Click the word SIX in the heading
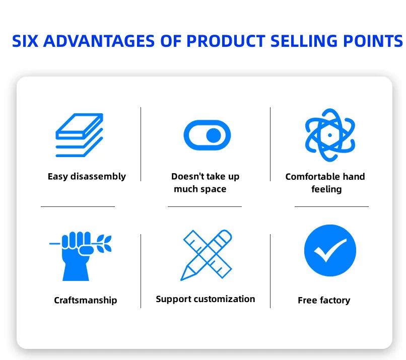[25, 41]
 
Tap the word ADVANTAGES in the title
[99, 41]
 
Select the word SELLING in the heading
[304, 41]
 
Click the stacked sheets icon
[79, 135]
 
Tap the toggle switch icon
[207, 135]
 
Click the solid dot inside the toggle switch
[214, 135]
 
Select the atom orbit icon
[330, 135]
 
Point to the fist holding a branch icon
[80, 256]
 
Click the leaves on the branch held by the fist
[104, 243]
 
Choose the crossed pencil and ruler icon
[207, 255]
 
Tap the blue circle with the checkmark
[330, 250]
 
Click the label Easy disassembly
[87, 177]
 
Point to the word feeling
[326, 189]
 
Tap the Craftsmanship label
[86, 300]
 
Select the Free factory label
[324, 300]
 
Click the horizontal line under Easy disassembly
[78, 206]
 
